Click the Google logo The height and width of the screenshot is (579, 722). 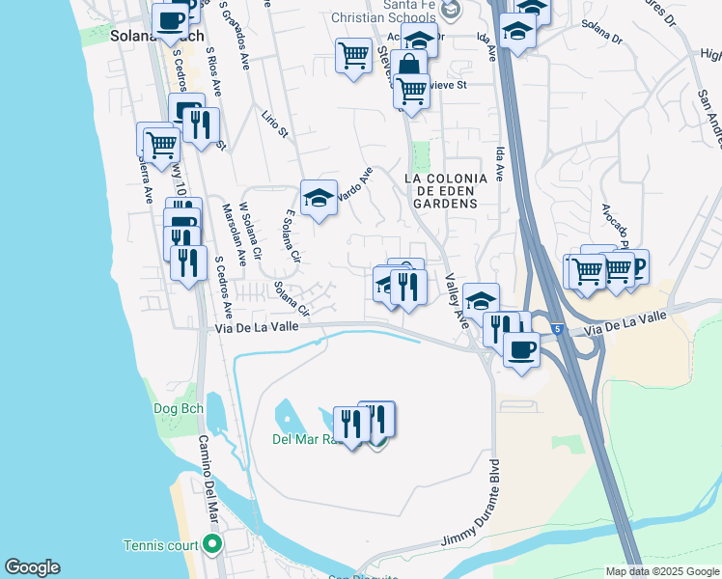pos(32,567)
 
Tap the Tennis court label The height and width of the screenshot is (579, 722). pos(159,545)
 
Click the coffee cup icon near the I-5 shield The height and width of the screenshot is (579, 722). pos(521,349)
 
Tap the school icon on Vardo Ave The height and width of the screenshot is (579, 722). pos(319,199)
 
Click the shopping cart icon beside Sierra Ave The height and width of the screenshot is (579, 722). pos(160,146)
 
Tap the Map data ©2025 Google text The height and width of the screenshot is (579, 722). pos(661,571)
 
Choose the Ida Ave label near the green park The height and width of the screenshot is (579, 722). pos(499,164)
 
